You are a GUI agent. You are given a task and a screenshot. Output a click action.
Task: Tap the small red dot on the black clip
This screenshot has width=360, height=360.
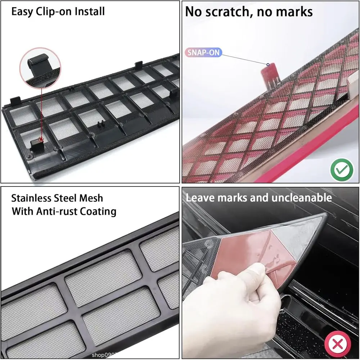coord(41,139)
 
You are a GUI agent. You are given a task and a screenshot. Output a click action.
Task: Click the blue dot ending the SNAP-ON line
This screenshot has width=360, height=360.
coord(268,65)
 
